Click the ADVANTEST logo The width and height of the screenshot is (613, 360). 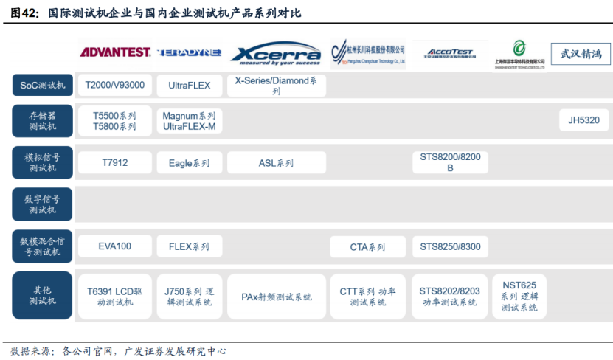115,52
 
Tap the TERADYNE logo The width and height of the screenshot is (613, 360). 189,52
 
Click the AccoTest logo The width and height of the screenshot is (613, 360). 449,53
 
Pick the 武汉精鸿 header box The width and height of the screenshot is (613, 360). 581,54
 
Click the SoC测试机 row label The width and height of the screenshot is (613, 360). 42,86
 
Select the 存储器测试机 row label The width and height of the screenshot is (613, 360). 42,121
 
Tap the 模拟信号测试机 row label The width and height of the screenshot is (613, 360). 42,162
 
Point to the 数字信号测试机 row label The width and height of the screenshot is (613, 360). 42,204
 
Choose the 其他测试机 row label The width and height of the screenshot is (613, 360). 42,296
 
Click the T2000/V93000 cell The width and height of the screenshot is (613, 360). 114,86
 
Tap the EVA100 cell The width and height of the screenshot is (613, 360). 114,246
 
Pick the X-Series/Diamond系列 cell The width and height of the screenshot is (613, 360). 276,86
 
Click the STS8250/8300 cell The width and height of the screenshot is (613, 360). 449,246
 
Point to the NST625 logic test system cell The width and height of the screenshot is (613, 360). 519,296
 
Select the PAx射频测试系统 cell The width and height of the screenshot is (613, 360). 276,297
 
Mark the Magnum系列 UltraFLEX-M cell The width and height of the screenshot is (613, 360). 189,121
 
